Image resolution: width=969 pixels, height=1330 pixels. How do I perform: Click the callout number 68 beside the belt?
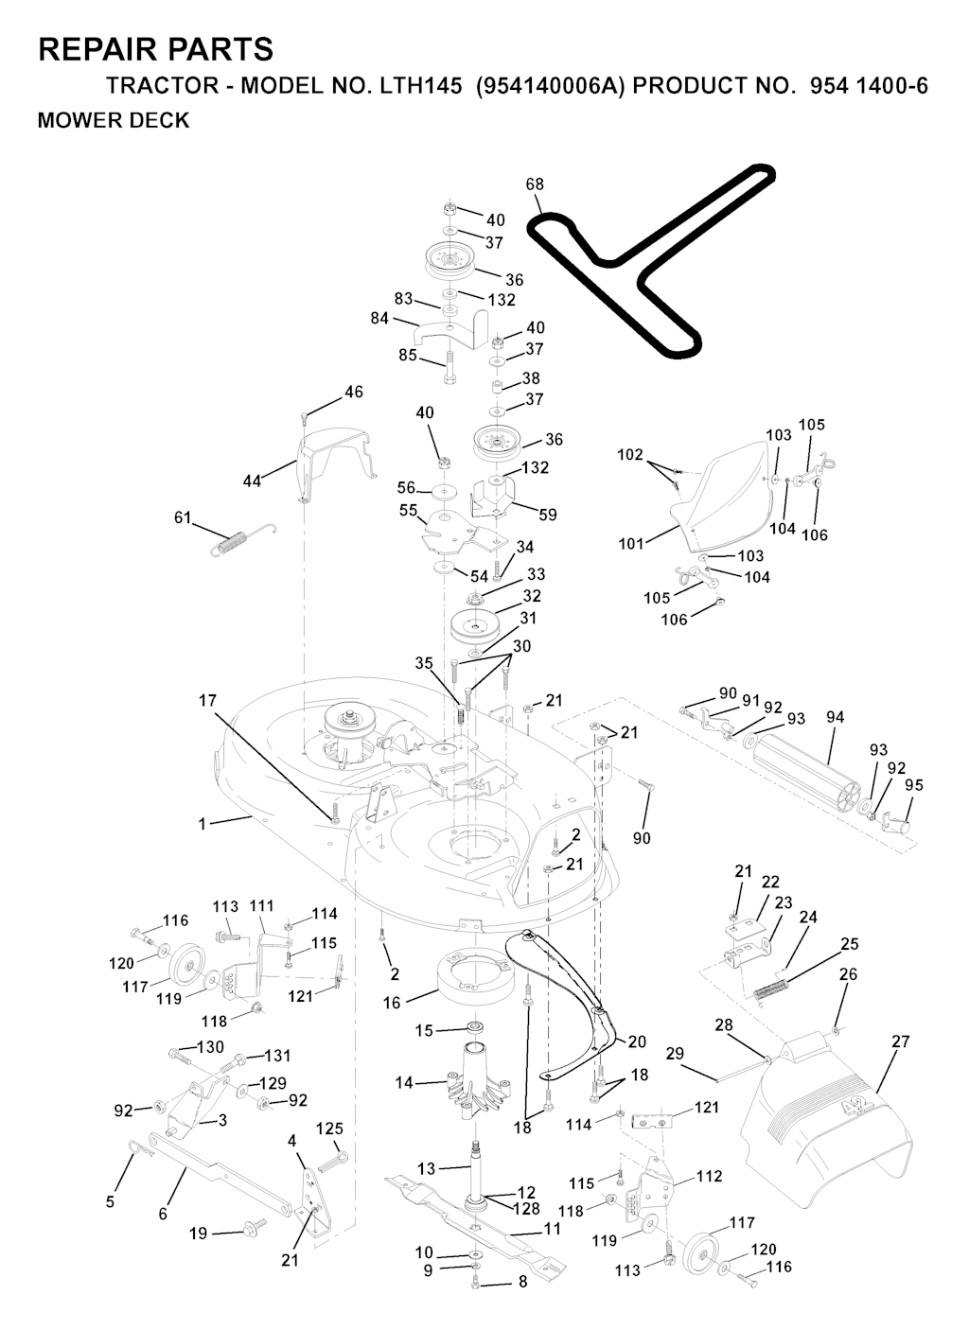pyautogui.click(x=534, y=184)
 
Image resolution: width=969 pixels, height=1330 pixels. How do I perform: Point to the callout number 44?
pyautogui.click(x=252, y=481)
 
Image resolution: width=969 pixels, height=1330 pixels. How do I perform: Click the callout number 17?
pyautogui.click(x=207, y=701)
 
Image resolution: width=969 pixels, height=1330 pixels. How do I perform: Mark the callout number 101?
pyautogui.click(x=631, y=543)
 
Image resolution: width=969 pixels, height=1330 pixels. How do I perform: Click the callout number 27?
pyautogui.click(x=901, y=1041)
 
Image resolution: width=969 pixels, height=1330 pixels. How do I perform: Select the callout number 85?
pyautogui.click(x=408, y=355)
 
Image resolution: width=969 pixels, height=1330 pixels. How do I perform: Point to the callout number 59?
pyautogui.click(x=548, y=515)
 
